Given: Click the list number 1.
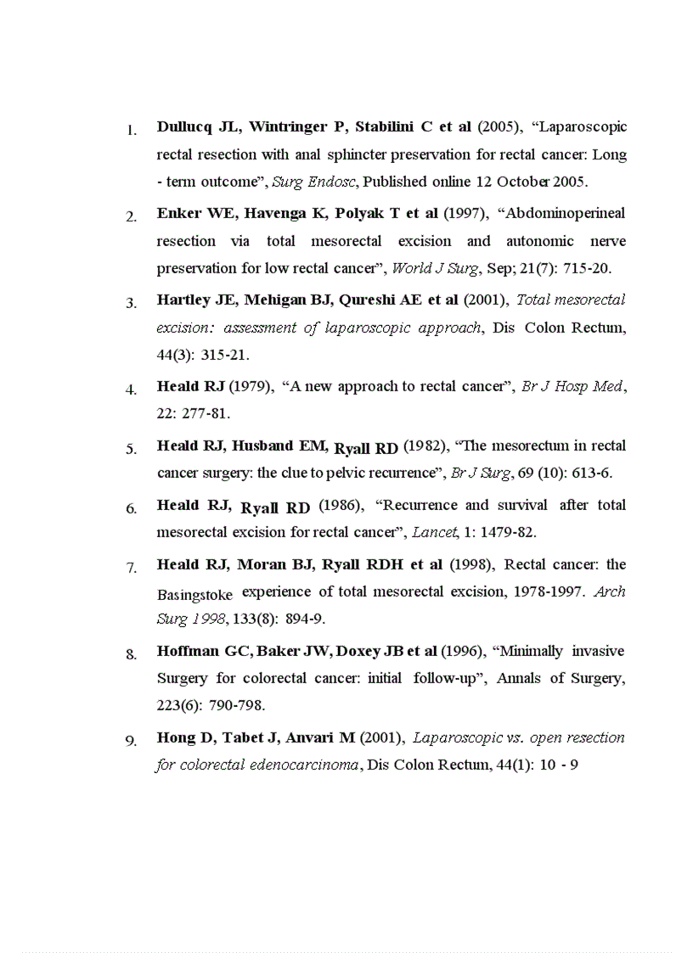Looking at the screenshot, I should (x=132, y=131).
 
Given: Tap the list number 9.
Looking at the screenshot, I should (x=132, y=741).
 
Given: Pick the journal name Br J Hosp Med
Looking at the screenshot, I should (x=572, y=386).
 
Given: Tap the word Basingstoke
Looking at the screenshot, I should (x=194, y=595).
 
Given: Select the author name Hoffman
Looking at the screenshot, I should (x=187, y=651).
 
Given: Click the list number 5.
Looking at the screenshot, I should (x=132, y=449).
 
